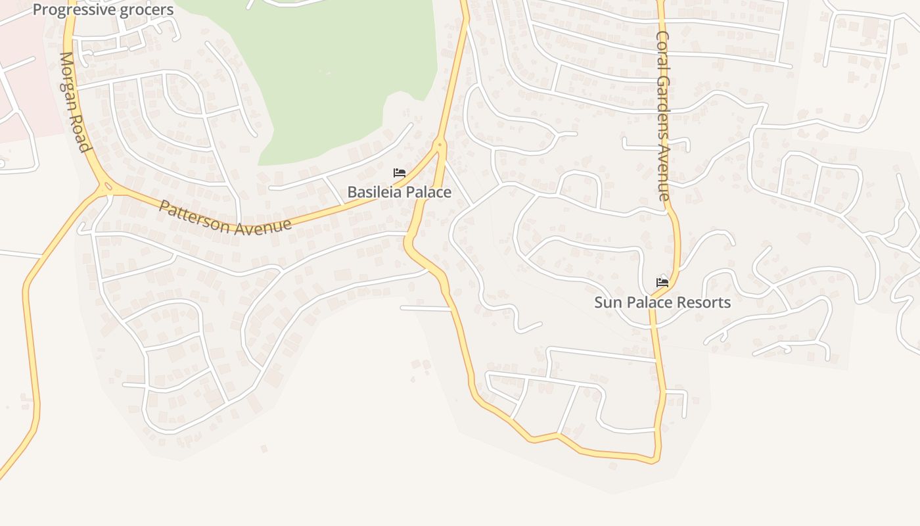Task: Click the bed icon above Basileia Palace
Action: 399,173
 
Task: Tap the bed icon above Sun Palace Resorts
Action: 662,283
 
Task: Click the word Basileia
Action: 373,192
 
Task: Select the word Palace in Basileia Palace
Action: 427,192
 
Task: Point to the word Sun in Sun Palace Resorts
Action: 607,302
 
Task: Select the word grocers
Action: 148,9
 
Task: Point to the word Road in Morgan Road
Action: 81,135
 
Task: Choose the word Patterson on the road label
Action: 193,216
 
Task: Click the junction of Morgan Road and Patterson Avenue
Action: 106,187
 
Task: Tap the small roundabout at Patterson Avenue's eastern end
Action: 440,143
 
